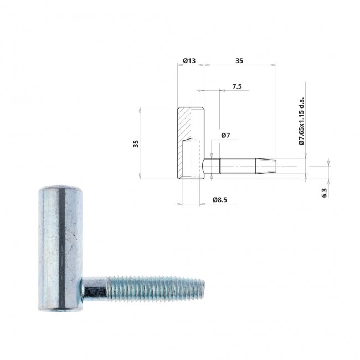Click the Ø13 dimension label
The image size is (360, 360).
pos(189,60)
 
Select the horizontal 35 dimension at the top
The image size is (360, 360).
pos(239,60)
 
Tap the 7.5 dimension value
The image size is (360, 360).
pos(237,86)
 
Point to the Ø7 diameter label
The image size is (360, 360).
pos(225,135)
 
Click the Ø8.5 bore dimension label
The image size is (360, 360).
pos(220,200)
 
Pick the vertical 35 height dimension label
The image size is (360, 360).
pos(136,144)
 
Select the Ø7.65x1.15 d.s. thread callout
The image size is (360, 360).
pos(301,121)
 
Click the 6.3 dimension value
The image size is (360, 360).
pos(324,193)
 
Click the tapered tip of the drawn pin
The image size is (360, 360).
pos(266,166)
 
